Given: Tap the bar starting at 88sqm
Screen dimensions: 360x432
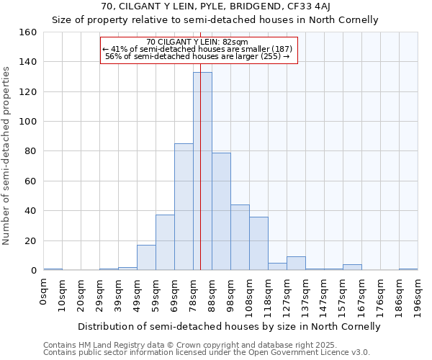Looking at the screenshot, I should pos(221,212).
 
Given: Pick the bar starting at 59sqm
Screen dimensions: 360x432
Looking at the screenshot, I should pos(165,243).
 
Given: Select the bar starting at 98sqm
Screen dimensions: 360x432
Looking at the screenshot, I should pos(240,238).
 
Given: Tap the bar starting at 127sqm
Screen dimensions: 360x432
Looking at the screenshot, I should pos(296,264).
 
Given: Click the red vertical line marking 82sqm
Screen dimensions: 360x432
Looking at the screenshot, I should pos(200,180).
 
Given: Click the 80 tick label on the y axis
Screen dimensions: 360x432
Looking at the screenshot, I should pos(31,151).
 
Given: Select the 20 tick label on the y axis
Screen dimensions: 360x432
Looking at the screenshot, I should pos(31,241).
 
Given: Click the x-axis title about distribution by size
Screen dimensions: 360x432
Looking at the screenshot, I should pos(229,326).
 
